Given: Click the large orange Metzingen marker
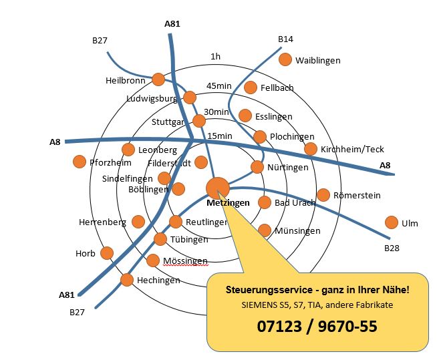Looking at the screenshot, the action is point(218,188).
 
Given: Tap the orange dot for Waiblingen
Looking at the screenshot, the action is point(285,59).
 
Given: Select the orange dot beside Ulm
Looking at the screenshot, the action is point(392,222).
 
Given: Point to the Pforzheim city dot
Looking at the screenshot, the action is point(80,162).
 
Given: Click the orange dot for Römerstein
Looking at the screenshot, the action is point(323,195).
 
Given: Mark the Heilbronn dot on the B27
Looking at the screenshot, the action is point(158,79).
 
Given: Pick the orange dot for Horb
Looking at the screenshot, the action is point(107,253).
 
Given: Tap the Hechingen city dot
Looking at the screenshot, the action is point(127,280).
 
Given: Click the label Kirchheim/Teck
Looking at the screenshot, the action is point(352,150).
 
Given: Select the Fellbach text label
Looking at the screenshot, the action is point(277,87).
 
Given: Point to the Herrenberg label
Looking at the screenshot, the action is point(102,222).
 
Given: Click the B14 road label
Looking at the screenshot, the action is point(285,39).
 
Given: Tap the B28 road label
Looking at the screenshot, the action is point(392,248).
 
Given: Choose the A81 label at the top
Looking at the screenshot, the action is point(172,24).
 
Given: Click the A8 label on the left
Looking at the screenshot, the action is point(55,142).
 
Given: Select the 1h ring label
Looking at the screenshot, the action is point(215,57).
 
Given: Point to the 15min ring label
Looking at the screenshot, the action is point(220,136).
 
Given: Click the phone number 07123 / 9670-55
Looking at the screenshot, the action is point(317,326).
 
